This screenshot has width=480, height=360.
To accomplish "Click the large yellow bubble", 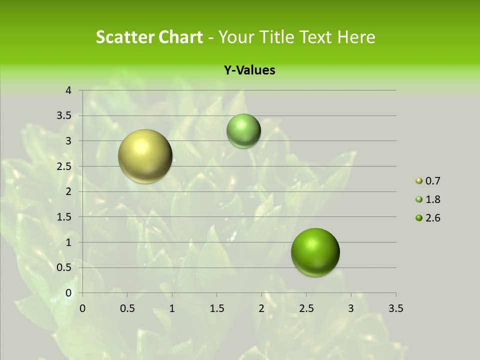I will coord(145,156).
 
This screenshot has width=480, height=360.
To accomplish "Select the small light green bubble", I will coord(243,130).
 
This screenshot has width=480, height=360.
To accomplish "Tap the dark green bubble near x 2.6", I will coord(315,252).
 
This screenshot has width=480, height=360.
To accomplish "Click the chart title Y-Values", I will coord(249,70).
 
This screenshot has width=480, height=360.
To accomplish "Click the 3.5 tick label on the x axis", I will coord(395,308).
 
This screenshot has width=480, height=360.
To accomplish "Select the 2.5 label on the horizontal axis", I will coord(306,308).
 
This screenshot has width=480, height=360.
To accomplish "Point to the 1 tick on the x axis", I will coord(172,308).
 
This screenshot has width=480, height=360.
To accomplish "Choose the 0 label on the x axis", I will coord(83,308).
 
